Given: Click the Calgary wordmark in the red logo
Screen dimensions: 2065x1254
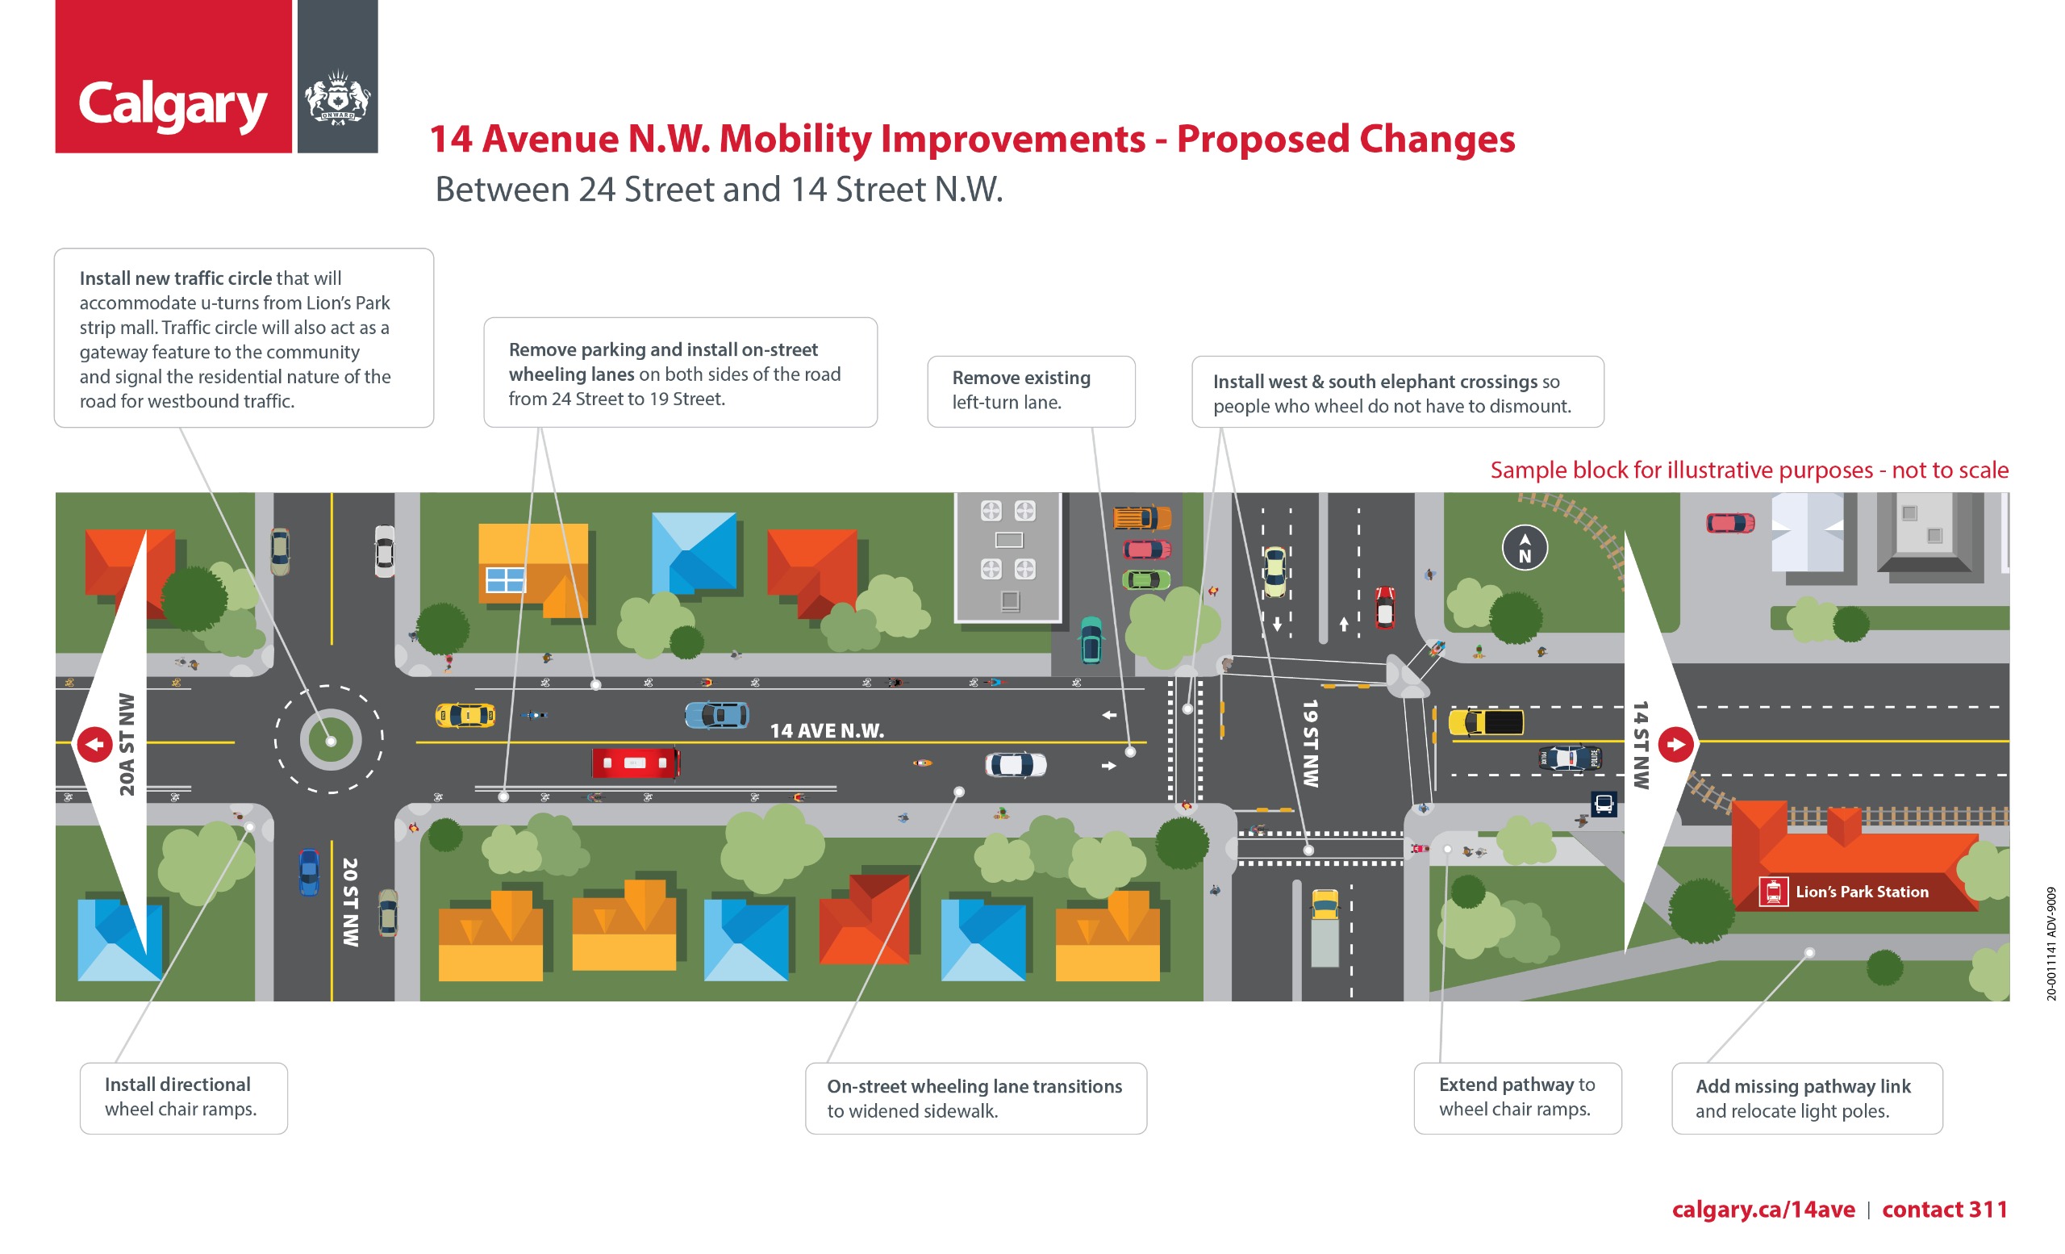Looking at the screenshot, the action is tap(173, 106).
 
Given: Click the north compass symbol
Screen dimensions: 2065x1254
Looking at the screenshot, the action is tap(1525, 547).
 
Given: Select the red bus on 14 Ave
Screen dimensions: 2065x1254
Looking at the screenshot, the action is tap(636, 763).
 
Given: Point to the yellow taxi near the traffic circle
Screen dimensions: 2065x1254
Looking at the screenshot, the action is tap(465, 715).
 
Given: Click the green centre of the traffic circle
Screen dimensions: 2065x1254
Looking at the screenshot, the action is tap(330, 741).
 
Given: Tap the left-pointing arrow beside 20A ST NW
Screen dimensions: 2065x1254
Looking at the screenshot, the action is tap(94, 744).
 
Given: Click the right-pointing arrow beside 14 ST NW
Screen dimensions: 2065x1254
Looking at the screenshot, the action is tap(1676, 744).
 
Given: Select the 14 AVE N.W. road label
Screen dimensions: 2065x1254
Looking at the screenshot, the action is tap(826, 731).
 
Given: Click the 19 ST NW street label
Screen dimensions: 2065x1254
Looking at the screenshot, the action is tap(1310, 743).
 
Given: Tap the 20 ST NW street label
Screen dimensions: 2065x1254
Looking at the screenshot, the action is tap(350, 902).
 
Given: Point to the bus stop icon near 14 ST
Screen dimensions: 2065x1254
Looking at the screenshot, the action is tap(1604, 804).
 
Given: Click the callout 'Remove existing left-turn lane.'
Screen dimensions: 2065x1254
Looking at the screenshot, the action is tap(1031, 391).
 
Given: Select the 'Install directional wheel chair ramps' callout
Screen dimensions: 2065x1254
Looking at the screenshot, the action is tap(184, 1098).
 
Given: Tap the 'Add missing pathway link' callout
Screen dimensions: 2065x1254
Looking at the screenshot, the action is tap(1807, 1098).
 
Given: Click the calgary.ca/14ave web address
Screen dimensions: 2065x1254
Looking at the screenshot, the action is tap(1763, 1209).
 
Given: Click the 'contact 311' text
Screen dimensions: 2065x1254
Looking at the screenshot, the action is tap(1944, 1209).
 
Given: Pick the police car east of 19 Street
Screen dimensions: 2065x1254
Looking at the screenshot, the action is tap(1570, 758).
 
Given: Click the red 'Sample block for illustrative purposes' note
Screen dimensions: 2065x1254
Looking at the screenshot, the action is tap(1749, 470).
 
